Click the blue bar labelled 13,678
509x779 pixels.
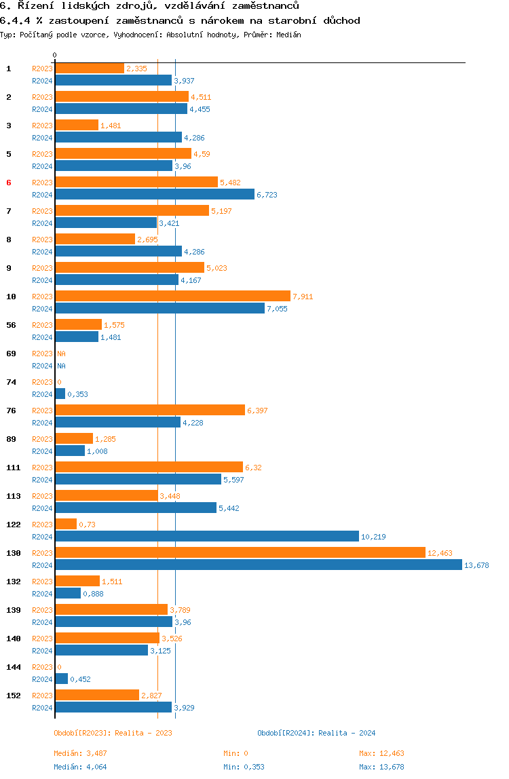pos(259,565)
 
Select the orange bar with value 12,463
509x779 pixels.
pos(240,552)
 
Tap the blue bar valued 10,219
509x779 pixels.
pos(207,537)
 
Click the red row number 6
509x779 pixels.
pos(8,183)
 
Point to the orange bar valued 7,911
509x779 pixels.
pos(173,296)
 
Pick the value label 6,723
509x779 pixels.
pos(267,195)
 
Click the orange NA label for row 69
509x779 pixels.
pos(61,354)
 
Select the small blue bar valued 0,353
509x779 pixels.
pos(60,394)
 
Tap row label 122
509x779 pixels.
pos(14,525)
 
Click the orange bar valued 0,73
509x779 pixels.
pos(66,524)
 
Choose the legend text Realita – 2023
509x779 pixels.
pos(143,733)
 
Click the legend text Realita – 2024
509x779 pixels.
pos(347,733)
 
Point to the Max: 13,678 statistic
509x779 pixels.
pos(381,767)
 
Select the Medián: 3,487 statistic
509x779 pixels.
pos(80,753)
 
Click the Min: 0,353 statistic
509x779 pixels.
pos(244,767)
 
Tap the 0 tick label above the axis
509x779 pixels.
pos(55,55)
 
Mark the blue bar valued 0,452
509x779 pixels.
pos(62,679)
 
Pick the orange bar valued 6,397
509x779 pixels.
pos(150,410)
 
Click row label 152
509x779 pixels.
pos(14,696)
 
